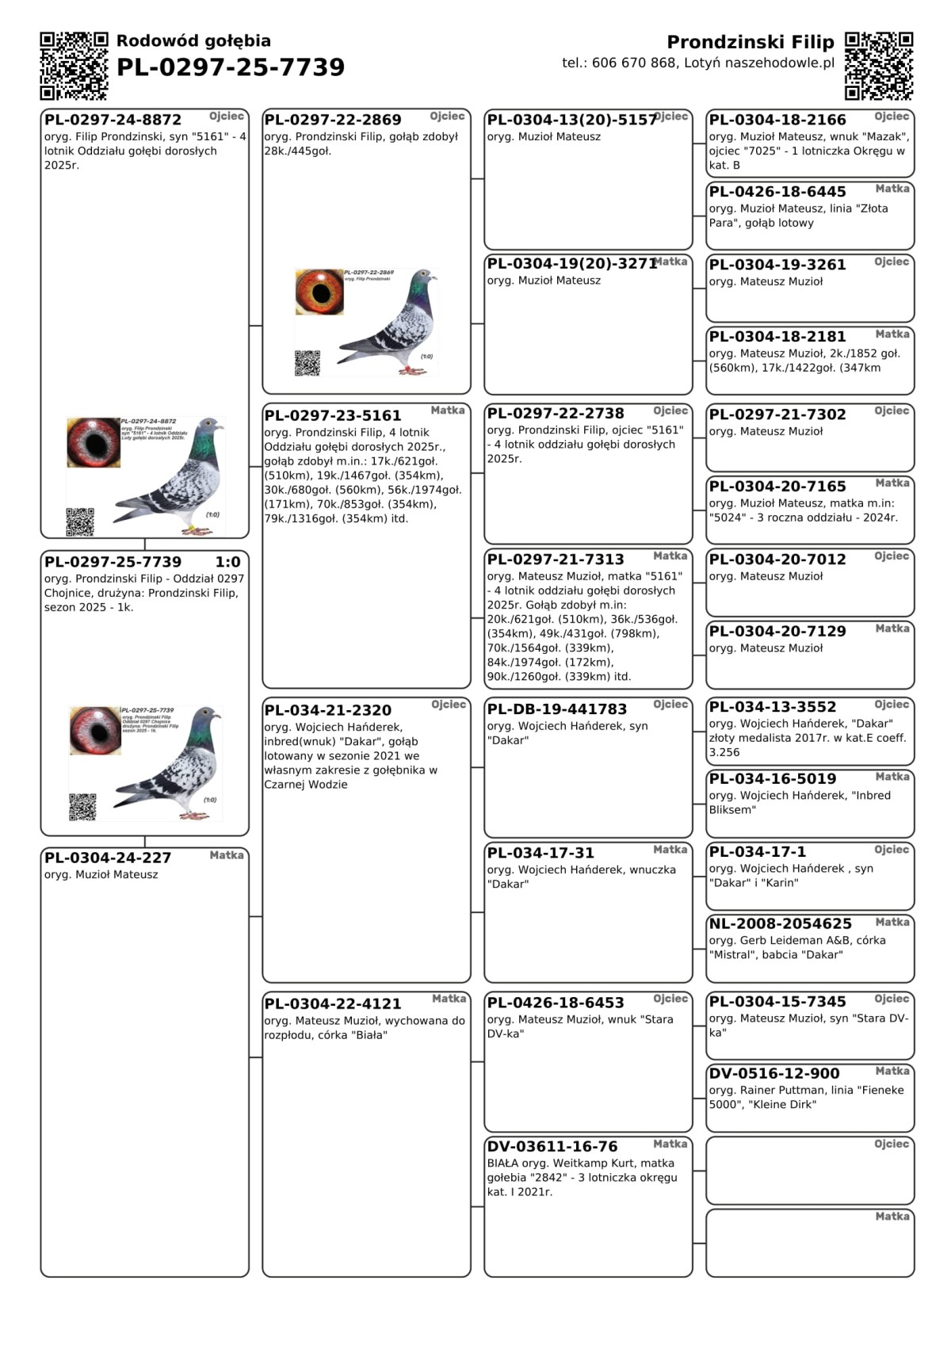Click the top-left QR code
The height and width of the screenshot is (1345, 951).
(x=74, y=66)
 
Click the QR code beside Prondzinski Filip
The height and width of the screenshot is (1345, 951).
(x=879, y=66)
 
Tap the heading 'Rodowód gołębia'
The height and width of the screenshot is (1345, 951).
(x=193, y=41)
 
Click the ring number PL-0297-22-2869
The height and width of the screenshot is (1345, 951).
(x=333, y=120)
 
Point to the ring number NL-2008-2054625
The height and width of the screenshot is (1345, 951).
(x=780, y=924)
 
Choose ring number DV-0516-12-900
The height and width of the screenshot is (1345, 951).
(x=773, y=1074)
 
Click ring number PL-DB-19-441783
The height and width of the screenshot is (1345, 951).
(x=556, y=709)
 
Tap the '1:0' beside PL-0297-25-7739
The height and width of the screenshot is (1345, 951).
(x=228, y=562)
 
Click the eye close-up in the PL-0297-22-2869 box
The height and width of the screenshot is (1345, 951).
(x=319, y=292)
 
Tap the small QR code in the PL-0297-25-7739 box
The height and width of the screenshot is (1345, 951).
(x=82, y=807)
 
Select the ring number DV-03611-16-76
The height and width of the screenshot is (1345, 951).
(x=552, y=1147)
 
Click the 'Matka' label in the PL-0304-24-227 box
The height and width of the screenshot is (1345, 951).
(x=227, y=855)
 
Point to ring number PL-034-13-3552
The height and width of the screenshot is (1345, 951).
(x=772, y=707)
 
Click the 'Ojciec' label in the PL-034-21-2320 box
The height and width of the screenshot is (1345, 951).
(x=449, y=705)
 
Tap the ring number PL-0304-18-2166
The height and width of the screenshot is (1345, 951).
(x=777, y=120)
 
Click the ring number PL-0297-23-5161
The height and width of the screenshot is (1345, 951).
(x=333, y=415)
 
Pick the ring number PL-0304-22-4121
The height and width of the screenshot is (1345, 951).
(x=333, y=1004)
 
